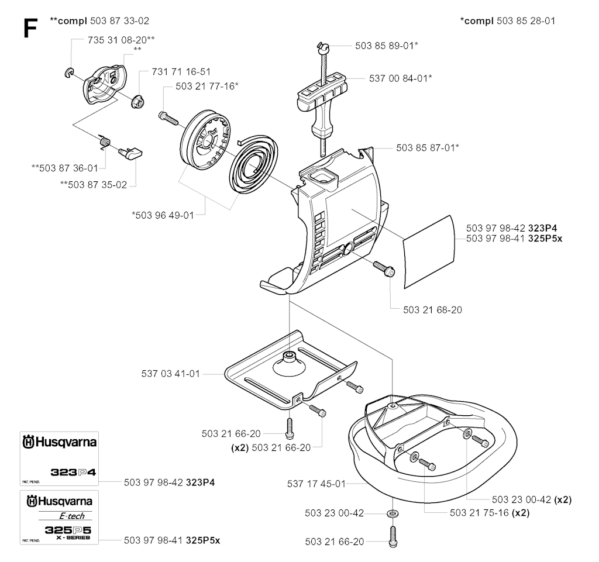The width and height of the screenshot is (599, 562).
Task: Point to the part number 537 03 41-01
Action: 171,373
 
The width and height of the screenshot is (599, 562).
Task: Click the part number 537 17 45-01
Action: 316,484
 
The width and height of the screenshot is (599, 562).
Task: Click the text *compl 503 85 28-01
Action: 507,21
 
